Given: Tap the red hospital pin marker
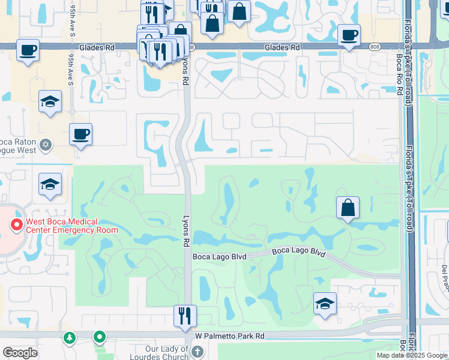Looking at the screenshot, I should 16,225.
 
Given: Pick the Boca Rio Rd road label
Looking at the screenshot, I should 399,71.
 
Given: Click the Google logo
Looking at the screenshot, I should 20,353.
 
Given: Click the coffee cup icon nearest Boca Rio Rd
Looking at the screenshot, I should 348,34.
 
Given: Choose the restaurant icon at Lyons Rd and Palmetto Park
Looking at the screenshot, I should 185,314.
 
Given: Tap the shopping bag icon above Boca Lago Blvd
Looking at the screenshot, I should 348,208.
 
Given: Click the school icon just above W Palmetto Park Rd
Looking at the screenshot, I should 325,303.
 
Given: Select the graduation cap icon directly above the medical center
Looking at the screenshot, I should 50,184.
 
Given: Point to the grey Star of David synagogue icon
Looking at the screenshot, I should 46,144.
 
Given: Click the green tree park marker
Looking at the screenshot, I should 70,337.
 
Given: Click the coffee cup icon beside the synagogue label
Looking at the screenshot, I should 80,134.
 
